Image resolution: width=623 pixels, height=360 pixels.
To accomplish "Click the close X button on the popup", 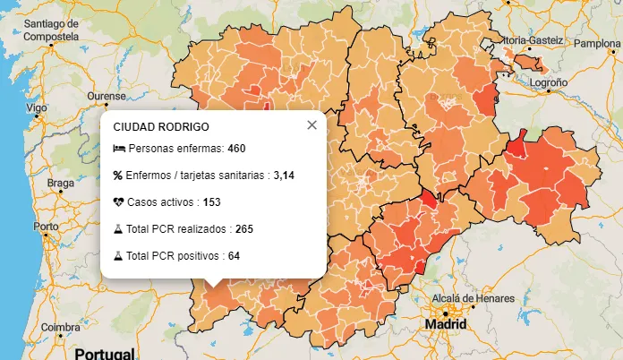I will point(311,125).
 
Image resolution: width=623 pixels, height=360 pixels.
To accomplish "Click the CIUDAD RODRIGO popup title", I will point(161,128).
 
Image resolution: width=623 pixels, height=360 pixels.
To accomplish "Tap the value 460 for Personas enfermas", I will point(236,148).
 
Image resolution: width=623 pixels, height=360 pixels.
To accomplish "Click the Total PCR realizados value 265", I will point(244,229).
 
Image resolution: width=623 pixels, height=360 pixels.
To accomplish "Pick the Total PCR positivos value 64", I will point(234,256).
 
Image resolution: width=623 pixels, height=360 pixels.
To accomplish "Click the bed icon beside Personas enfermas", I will point(118,148).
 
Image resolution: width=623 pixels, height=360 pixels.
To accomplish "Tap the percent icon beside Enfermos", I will point(118,175).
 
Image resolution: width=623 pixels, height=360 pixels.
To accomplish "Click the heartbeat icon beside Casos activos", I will point(118,202).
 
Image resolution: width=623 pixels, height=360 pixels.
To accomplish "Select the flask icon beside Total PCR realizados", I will point(118,229).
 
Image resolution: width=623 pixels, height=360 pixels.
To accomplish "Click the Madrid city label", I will point(445,323).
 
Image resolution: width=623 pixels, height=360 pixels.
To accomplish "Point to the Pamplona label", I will point(596,43).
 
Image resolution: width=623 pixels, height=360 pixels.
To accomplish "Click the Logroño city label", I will point(549,81).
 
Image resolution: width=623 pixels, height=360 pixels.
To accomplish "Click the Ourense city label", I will point(106,96).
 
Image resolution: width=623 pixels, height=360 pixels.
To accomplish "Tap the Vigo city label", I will point(36,107).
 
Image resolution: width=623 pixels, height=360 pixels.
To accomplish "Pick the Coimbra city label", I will point(60,327).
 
